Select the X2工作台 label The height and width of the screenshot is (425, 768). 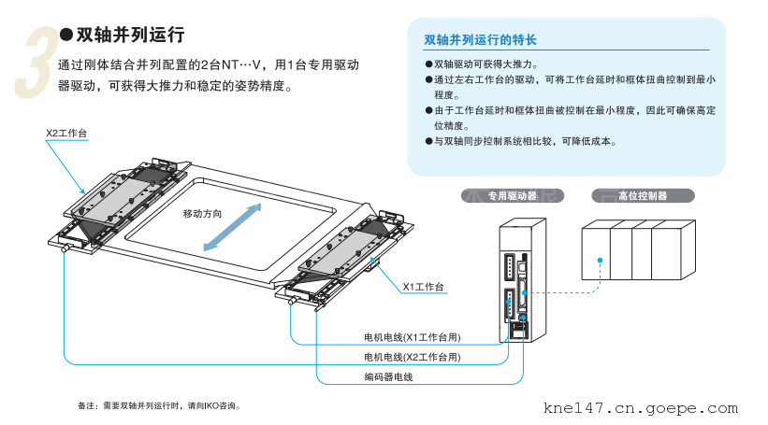click(x=66, y=134)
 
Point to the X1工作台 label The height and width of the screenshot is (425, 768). click(x=423, y=286)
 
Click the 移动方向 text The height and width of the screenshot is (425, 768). click(x=203, y=214)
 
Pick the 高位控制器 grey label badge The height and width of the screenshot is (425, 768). click(x=643, y=196)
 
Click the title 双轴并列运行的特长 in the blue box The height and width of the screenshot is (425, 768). click(x=480, y=40)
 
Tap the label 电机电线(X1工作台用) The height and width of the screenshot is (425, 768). click(x=412, y=337)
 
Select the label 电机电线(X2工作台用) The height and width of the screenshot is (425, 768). click(x=412, y=357)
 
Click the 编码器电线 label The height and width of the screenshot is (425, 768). click(x=388, y=376)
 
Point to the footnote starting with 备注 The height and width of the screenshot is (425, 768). click(x=165, y=406)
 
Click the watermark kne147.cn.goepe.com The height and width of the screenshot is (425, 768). click(x=640, y=408)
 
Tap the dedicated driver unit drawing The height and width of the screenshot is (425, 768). click(x=520, y=280)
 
